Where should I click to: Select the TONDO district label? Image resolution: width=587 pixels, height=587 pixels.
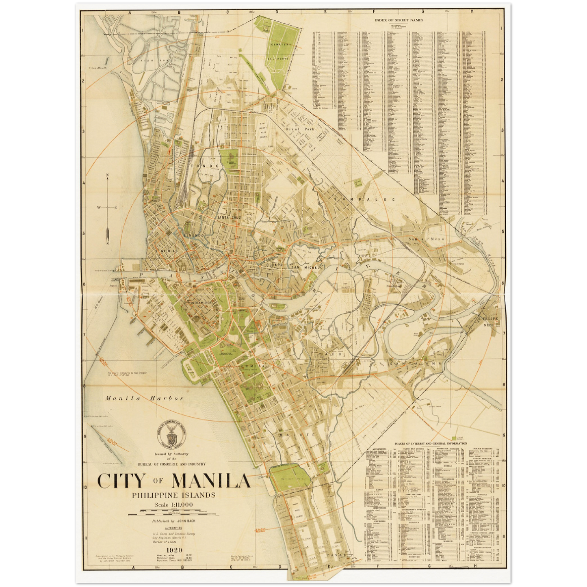(211, 166)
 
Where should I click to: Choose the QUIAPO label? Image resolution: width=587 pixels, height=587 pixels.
(273, 264)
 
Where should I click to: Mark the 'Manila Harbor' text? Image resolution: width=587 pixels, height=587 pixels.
(144, 398)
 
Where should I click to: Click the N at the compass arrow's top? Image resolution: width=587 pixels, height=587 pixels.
(107, 176)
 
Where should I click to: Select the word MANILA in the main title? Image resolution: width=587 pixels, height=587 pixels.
(211, 481)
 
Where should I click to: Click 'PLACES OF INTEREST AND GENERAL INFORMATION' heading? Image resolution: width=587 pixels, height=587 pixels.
(431, 444)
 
